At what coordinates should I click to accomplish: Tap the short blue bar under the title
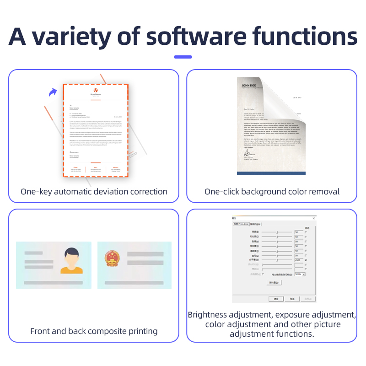click(183, 57)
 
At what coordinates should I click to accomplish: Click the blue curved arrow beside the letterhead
click(54, 92)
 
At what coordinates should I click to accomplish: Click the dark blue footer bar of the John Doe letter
click(271, 173)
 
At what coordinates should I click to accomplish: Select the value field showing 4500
click(299, 260)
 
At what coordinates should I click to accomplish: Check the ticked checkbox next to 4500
click(306, 260)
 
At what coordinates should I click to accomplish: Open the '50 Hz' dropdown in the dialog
click(300, 274)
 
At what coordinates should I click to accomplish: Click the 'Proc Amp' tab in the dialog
click(241, 224)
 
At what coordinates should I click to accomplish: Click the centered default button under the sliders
click(274, 283)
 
